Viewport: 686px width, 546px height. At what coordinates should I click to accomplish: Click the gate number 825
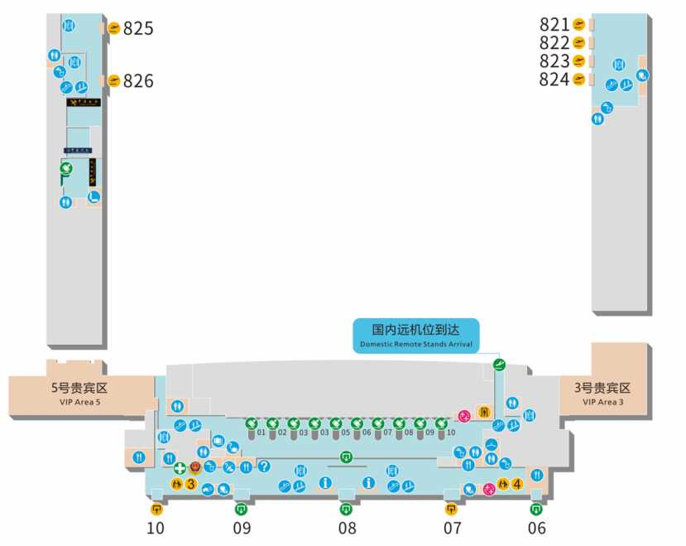coord(138,28)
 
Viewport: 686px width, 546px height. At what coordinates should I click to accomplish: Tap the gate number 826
coord(138,81)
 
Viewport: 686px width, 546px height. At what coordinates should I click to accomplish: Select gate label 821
coord(554,25)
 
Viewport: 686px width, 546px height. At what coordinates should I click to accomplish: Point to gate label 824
coord(554,80)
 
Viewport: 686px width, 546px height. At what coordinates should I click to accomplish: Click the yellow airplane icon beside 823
coord(579,61)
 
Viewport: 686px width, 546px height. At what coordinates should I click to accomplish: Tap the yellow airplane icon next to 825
coord(114,28)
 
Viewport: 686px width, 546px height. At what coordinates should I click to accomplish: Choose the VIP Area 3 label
coord(602,392)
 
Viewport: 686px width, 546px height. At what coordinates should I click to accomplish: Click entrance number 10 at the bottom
coord(156,528)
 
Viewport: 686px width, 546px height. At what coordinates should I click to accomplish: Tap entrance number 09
coord(242,528)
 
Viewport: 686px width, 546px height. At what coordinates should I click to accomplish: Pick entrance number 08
coord(347,528)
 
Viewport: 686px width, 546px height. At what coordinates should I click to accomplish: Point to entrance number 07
coord(452,528)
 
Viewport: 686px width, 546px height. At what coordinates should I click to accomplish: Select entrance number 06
coord(537,528)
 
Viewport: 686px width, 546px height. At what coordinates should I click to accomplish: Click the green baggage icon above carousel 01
coord(251,423)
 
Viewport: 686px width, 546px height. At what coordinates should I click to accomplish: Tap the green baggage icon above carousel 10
coord(441,423)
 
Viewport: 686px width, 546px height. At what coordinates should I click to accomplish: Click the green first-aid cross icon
coord(179,468)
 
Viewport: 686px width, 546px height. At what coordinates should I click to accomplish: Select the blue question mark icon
coord(265,466)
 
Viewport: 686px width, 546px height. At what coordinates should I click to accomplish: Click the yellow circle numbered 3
coord(190,484)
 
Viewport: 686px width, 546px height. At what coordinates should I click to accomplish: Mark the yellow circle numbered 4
coord(517,485)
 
